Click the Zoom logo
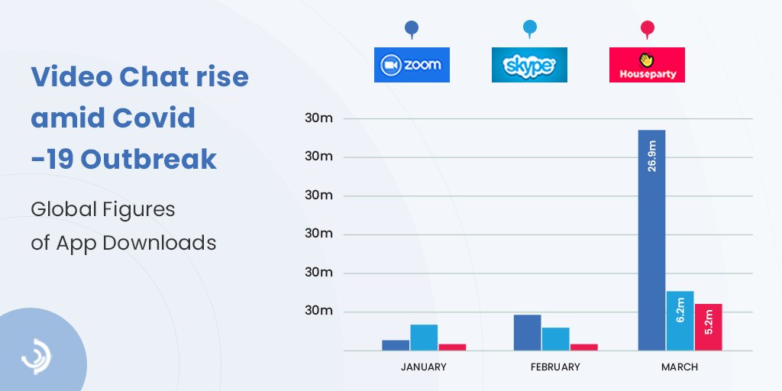click(x=412, y=65)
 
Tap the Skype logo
click(x=529, y=65)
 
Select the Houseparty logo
click(x=647, y=65)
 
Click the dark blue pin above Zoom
click(x=412, y=29)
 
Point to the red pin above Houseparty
click(x=647, y=29)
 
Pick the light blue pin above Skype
click(x=529, y=29)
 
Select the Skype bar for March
click(x=680, y=321)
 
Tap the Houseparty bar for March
click(x=708, y=327)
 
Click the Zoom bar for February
click(x=527, y=332)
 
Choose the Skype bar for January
click(x=424, y=337)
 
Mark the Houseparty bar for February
click(x=583, y=347)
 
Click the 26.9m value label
click(x=651, y=156)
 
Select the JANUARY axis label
click(x=423, y=367)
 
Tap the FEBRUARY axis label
click(x=554, y=367)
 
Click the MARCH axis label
click(x=679, y=367)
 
